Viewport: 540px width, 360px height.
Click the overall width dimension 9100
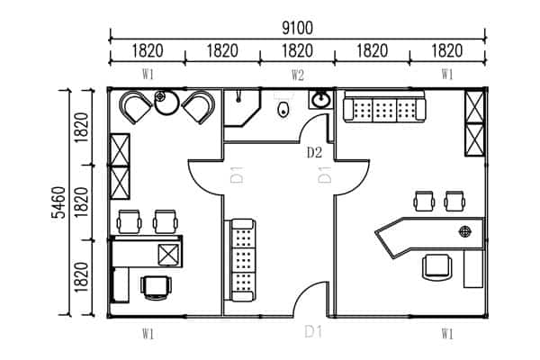click(x=298, y=28)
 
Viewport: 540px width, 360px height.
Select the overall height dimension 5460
click(x=58, y=202)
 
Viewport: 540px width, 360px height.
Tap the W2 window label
click(x=298, y=75)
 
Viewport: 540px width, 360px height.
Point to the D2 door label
click(x=314, y=152)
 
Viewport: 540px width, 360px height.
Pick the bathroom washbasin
click(x=320, y=100)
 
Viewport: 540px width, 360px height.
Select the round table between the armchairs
click(x=166, y=102)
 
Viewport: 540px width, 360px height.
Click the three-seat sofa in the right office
click(x=384, y=107)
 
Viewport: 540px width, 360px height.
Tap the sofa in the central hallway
click(x=242, y=260)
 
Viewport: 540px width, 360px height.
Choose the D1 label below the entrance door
click(x=313, y=332)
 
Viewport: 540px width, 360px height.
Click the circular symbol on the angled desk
click(x=464, y=231)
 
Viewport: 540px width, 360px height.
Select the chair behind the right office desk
click(x=437, y=267)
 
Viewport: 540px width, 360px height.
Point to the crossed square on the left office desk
click(x=169, y=255)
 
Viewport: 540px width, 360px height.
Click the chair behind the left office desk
click(x=157, y=288)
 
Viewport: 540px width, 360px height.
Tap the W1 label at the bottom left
click(x=148, y=334)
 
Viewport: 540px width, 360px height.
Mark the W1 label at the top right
click(x=447, y=74)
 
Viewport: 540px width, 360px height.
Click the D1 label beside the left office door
click(x=237, y=175)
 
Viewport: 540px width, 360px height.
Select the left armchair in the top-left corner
click(x=135, y=106)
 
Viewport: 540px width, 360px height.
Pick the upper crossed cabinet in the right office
click(x=474, y=107)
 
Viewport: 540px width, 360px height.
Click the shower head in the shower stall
click(x=238, y=97)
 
